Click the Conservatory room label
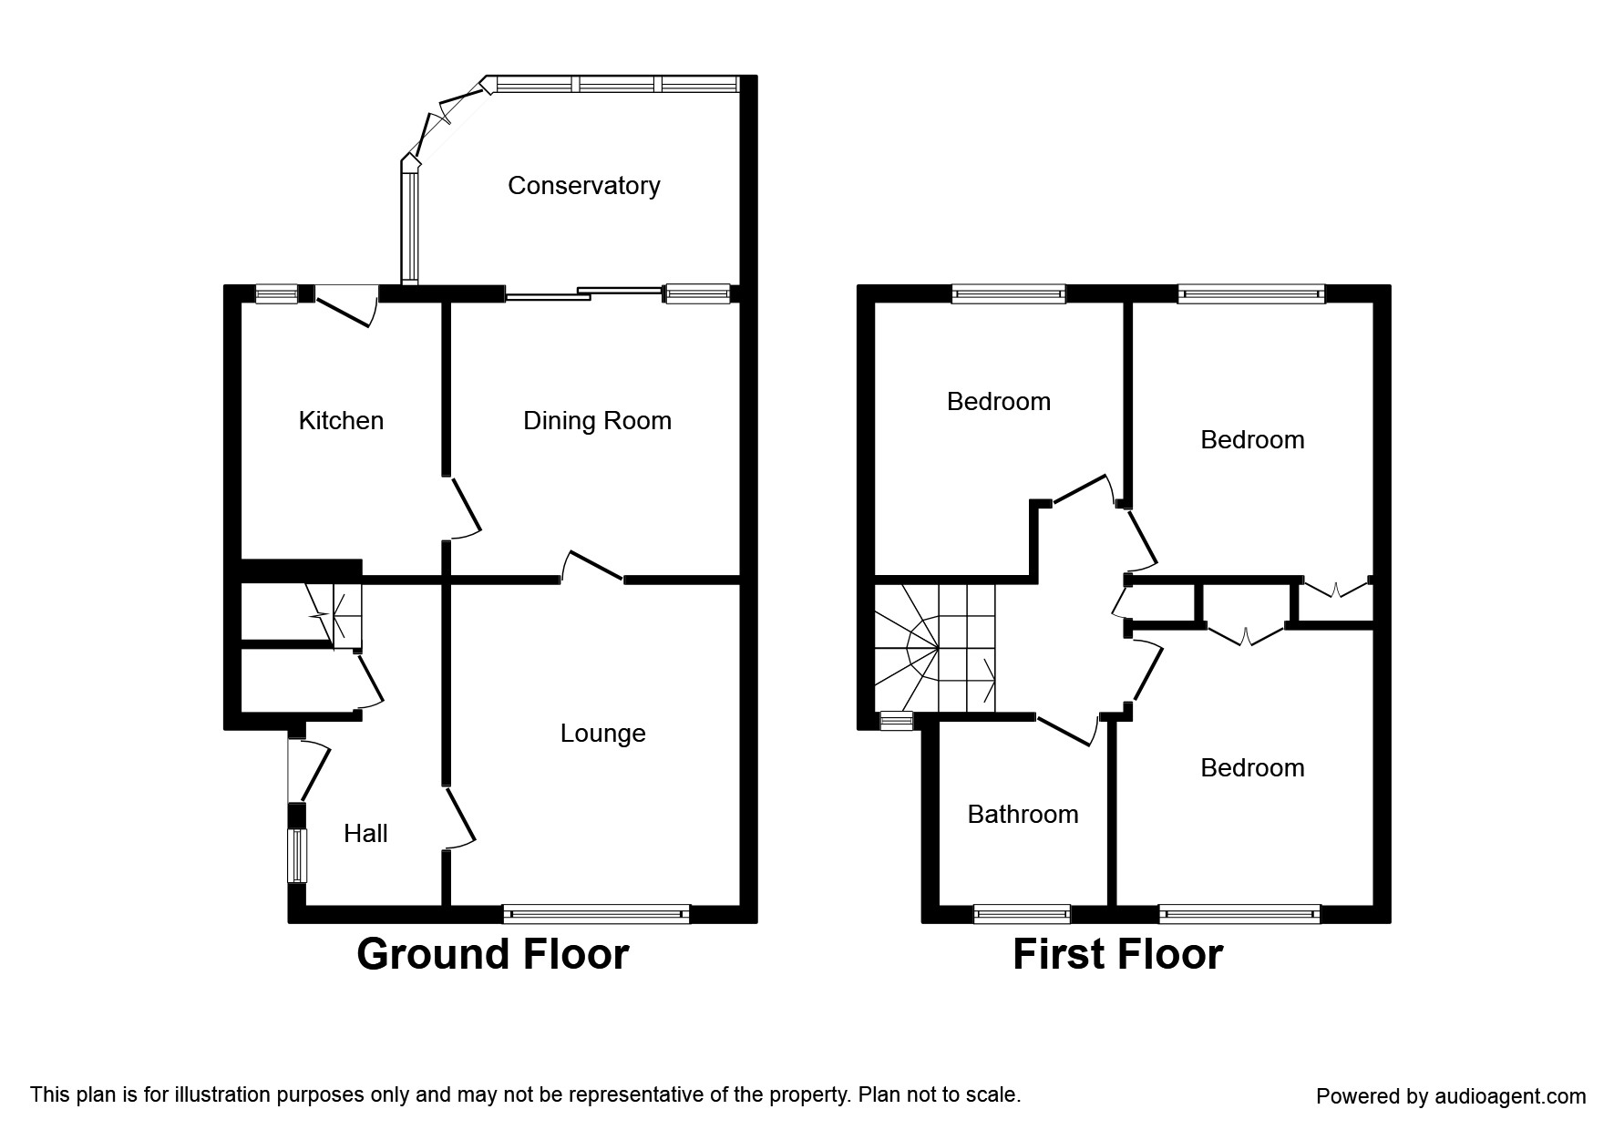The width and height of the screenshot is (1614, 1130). pyautogui.click(x=583, y=186)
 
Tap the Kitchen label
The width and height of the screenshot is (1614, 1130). pyautogui.click(x=341, y=421)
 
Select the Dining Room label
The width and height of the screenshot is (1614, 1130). pyautogui.click(x=597, y=421)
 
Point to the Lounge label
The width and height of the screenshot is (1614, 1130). pyautogui.click(x=602, y=734)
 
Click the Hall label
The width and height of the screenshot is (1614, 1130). pyautogui.click(x=365, y=834)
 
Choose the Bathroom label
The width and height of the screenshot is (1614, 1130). pyautogui.click(x=1023, y=815)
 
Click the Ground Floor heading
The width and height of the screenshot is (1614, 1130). pyautogui.click(x=492, y=955)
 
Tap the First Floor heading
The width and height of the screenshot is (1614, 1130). pyautogui.click(x=1117, y=955)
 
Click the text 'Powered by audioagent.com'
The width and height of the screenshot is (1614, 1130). pyautogui.click(x=1451, y=1096)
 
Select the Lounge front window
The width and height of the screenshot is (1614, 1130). pyautogui.click(x=596, y=914)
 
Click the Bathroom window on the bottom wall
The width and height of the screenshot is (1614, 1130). pyautogui.click(x=1022, y=913)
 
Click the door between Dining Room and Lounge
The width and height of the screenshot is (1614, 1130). pyautogui.click(x=592, y=567)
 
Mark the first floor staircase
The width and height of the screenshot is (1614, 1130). pyautogui.click(x=935, y=648)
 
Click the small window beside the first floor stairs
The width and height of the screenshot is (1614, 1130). pyautogui.click(x=896, y=722)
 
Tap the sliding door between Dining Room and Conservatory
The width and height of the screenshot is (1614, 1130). pyautogui.click(x=583, y=293)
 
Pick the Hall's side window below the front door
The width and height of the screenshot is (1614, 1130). pyautogui.click(x=297, y=855)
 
